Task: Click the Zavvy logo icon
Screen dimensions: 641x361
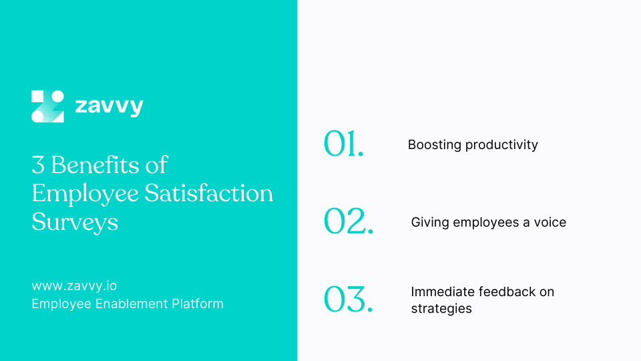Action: (x=47, y=106)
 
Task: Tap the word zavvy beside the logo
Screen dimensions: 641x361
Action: (x=109, y=106)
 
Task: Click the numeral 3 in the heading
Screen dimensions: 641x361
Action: (x=38, y=165)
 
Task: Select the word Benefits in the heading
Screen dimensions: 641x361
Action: (x=95, y=165)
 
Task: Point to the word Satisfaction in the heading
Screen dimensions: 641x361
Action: (x=208, y=193)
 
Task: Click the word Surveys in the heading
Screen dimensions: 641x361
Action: (x=75, y=223)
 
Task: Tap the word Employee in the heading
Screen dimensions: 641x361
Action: (x=85, y=194)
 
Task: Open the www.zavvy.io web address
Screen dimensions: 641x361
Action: (x=74, y=285)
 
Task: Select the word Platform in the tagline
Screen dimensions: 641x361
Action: (x=198, y=304)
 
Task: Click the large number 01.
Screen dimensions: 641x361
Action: (x=343, y=143)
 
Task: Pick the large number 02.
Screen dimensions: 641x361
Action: (x=349, y=221)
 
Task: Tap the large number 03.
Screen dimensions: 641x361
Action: (x=349, y=299)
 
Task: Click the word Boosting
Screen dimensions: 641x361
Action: (x=435, y=145)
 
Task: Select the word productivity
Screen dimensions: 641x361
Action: (x=501, y=145)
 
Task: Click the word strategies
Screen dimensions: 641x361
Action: (x=441, y=309)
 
